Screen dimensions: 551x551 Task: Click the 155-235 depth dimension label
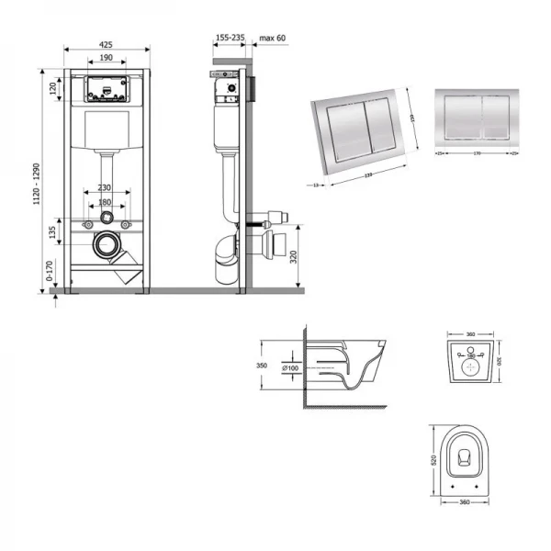click(229, 39)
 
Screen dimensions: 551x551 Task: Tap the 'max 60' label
click(274, 39)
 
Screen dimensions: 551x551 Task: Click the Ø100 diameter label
click(291, 368)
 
